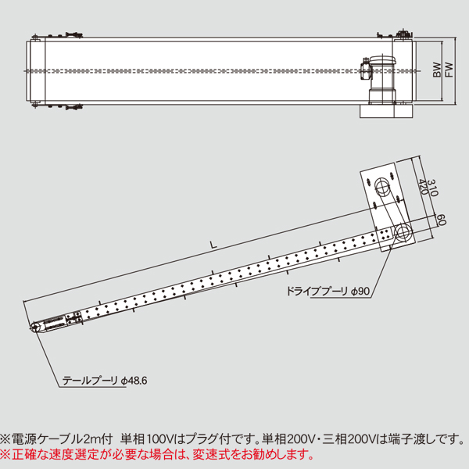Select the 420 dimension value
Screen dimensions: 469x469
(423, 187)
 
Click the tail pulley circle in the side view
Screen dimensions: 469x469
(34, 328)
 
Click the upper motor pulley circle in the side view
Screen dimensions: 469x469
(383, 186)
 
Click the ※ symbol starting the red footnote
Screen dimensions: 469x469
(5, 453)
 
